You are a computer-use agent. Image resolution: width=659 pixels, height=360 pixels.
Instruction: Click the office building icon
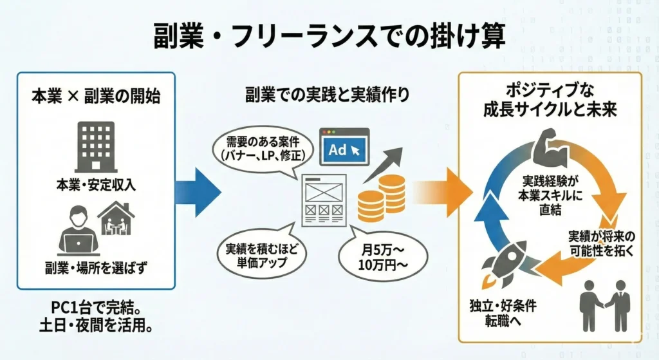point(97,147)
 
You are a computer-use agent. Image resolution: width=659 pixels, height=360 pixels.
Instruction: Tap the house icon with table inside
point(116,218)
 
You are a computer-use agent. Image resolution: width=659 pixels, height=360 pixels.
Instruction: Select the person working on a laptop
point(78,231)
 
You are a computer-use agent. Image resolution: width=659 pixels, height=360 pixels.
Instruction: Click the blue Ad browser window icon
point(344,147)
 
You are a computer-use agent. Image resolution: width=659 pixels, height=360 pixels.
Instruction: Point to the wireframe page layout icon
point(324,200)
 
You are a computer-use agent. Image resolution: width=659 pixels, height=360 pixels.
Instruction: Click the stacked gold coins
point(381,198)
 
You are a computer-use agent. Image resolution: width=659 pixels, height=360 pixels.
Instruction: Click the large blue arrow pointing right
point(198,193)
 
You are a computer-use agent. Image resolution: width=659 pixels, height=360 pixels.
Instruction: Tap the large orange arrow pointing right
point(442,193)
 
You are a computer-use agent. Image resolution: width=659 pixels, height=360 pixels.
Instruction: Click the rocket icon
point(506,262)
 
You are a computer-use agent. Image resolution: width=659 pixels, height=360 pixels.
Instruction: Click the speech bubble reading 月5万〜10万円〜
point(383,256)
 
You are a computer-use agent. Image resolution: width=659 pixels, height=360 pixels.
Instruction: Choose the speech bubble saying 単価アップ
point(261,254)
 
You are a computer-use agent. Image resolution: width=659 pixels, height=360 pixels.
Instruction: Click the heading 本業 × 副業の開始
point(96,97)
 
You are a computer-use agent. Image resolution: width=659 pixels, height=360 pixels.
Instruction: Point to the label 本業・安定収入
point(97,185)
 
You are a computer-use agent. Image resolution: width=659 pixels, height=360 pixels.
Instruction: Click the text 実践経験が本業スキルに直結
point(551,195)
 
